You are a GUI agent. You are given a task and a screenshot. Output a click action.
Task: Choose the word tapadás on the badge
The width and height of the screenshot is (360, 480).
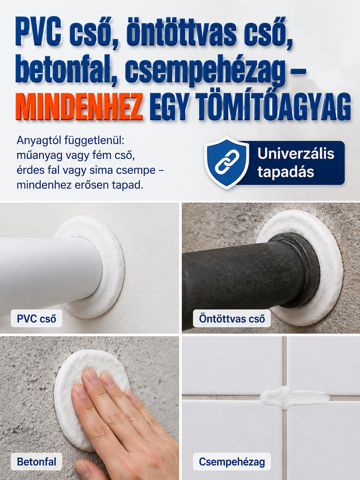pos(286,172)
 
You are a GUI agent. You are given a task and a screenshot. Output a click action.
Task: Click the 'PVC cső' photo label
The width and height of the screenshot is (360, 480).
pos(37,318)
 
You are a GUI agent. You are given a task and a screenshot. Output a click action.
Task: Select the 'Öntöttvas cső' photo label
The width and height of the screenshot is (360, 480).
pos(232,319)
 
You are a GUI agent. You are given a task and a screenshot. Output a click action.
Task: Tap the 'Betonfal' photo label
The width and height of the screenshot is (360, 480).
pos(37,462)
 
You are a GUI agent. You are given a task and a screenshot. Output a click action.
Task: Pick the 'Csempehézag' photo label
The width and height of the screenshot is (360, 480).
pos(232,462)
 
